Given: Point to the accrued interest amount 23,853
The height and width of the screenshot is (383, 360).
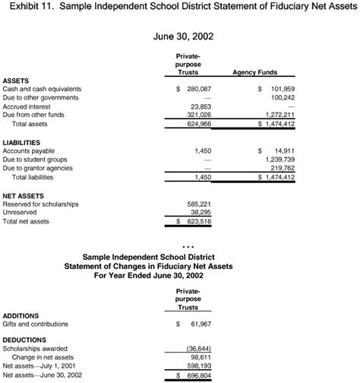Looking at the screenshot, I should (201, 106).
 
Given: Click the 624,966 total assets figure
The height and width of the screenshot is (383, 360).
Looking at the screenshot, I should (199, 123).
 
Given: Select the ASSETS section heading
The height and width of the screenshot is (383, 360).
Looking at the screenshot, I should (17, 80).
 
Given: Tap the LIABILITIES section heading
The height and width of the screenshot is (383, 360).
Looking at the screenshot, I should (24, 142).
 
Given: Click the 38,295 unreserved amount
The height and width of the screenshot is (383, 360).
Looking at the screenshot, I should (201, 213).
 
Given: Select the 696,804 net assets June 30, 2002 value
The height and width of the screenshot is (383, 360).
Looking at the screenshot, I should (199, 375).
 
